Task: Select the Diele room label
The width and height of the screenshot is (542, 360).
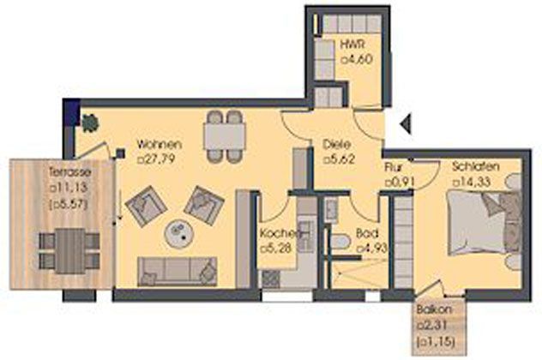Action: point(337,144)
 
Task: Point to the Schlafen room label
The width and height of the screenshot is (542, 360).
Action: point(476,166)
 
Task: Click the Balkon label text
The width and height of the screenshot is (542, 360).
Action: point(434,309)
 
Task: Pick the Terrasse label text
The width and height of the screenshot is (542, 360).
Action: point(70,171)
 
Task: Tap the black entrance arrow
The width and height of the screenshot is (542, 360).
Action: point(406,123)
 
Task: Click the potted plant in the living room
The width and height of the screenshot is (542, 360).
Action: point(90,122)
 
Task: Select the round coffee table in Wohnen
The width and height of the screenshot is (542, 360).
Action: point(179,234)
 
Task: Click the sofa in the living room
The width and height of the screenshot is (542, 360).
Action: point(177,272)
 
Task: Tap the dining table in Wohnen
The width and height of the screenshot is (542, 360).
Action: point(225,136)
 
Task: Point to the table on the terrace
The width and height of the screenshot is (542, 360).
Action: point(70,251)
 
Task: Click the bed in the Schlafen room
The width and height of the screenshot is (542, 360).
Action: point(485,225)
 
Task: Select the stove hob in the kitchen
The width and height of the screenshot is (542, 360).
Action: point(271,279)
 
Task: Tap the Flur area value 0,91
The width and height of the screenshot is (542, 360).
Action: point(400,182)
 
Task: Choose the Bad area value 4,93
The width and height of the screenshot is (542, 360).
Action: point(371,248)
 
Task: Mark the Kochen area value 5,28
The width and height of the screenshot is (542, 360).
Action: point(276,248)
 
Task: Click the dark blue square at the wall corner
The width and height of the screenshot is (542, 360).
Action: point(72,112)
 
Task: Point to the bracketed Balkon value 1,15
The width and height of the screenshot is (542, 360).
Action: point(435,341)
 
